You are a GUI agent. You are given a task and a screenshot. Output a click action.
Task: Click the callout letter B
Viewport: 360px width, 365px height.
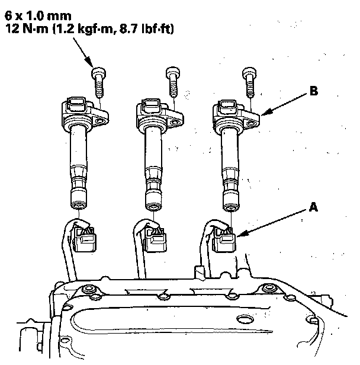pos(314,91)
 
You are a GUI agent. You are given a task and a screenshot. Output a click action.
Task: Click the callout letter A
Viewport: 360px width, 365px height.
pos(313,207)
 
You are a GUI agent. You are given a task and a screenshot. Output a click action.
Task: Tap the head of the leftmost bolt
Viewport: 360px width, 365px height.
pos(99,73)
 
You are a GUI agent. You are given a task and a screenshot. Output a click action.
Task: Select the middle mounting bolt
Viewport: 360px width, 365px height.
pos(173,82)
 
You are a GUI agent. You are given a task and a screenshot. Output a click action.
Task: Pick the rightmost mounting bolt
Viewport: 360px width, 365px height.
pos(249,82)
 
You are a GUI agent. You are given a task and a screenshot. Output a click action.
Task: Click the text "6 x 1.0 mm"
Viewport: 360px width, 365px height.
pos(38,16)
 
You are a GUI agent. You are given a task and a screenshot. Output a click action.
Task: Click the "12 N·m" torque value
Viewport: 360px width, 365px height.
pos(26,29)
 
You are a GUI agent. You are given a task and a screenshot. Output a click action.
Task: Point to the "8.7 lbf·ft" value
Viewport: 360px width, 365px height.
pos(146,29)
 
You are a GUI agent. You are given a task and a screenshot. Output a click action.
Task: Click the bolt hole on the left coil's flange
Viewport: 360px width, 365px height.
pos(100,121)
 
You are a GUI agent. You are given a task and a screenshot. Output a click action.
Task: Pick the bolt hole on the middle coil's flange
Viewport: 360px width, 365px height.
pos(175,122)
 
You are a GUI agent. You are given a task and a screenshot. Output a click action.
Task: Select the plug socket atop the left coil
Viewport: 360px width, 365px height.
pos(76,104)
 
